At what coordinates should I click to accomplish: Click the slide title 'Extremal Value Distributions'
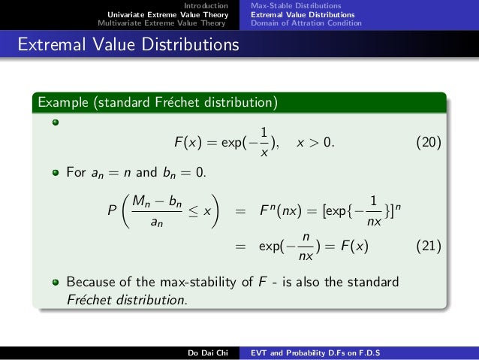tap(128, 46)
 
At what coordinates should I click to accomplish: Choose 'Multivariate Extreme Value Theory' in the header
tap(161, 23)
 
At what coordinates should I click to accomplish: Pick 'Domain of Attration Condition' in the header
tap(306, 23)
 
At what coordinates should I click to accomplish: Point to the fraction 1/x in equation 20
tap(262, 142)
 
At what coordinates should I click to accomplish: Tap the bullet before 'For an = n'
tap(56, 173)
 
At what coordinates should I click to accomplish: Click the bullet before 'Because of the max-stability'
tap(56, 283)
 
